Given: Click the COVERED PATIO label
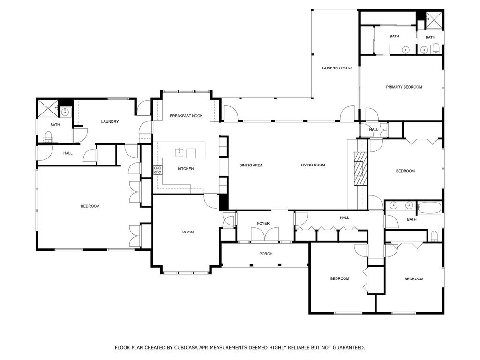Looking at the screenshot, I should (x=337, y=68).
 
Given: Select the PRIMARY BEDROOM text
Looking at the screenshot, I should (x=404, y=87).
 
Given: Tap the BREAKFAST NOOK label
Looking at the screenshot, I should (x=186, y=116).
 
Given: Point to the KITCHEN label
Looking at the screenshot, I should (x=186, y=169).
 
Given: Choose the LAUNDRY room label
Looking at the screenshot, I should (x=110, y=122).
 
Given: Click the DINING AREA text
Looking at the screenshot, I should (x=251, y=165).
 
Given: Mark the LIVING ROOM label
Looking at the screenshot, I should (x=313, y=165).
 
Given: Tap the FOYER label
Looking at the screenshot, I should (x=263, y=223).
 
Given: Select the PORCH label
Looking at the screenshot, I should (x=266, y=254).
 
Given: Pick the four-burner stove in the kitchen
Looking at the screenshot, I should (x=157, y=170).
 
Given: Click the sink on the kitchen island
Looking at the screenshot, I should (x=179, y=152).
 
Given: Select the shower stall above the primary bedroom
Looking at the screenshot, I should (x=435, y=19).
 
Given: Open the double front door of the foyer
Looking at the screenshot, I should (x=265, y=234).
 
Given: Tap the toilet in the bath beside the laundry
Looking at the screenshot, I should (x=48, y=136).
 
